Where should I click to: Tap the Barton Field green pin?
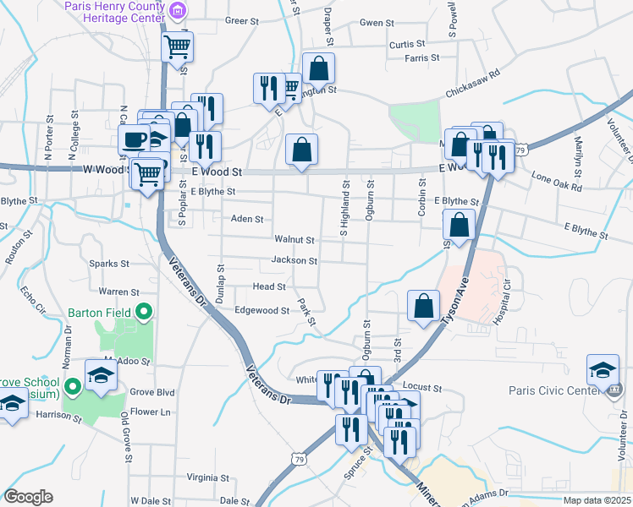tap(144, 313)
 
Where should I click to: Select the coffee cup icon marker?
tap(134, 139)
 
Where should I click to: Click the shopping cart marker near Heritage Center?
tap(177, 46)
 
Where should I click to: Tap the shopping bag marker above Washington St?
tap(318, 68)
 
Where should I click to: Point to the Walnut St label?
tap(294, 240)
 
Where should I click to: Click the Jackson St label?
tap(294, 260)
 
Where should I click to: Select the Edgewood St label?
tap(262, 310)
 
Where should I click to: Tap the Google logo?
tap(28, 497)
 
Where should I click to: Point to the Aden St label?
tap(247, 218)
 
